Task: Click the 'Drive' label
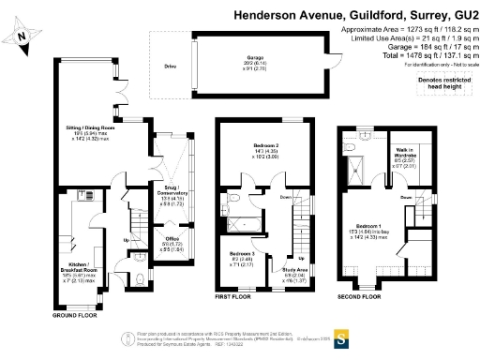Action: [170, 67]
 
